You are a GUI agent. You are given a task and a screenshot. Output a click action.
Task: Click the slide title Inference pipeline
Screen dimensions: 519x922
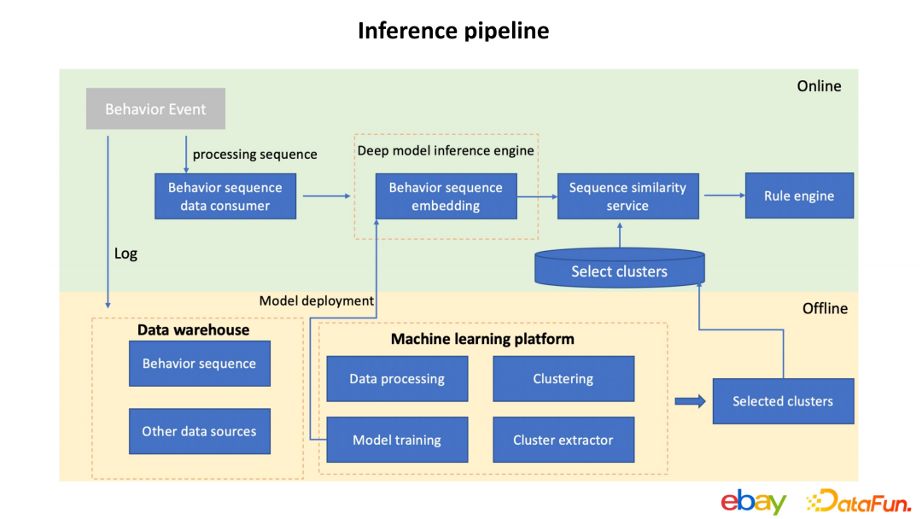coord(453,31)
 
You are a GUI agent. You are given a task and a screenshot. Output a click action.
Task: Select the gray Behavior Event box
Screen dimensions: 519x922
coord(155,109)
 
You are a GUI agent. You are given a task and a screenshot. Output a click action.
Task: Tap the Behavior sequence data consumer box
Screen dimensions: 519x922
coord(225,196)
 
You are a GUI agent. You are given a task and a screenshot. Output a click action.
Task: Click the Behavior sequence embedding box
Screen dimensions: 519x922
coord(446,196)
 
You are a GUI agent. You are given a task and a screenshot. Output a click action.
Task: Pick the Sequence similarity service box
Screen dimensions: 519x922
coord(627,196)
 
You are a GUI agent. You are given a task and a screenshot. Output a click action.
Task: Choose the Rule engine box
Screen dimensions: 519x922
coord(799,196)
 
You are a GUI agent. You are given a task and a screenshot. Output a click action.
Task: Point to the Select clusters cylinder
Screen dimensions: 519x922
coord(620,270)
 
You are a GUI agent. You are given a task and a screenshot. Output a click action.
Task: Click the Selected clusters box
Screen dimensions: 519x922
coord(783,401)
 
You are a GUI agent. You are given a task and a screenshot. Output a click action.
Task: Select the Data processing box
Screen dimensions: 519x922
coord(397,379)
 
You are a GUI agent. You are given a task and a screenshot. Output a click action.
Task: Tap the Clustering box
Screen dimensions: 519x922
coord(563,379)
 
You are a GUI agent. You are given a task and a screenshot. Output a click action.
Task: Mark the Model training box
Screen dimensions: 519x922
coord(397,440)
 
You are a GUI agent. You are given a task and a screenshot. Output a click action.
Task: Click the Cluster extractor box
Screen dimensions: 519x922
coord(563,440)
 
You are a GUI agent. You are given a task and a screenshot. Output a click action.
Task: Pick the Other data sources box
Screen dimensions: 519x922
coord(199,432)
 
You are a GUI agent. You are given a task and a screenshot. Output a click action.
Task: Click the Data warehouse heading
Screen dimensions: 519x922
coord(194,330)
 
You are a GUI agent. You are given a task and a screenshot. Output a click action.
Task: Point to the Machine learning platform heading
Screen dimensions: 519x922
coord(482,340)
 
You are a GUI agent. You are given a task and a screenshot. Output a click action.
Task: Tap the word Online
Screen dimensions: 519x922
coord(819,86)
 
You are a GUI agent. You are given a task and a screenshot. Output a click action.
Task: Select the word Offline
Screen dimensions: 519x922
coord(825,308)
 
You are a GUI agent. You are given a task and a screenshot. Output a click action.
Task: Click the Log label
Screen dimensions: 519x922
coord(125,254)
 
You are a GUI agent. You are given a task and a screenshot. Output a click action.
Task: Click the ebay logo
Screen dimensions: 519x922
coord(753,501)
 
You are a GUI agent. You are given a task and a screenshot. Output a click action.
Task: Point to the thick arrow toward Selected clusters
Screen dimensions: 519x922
coord(690,401)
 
